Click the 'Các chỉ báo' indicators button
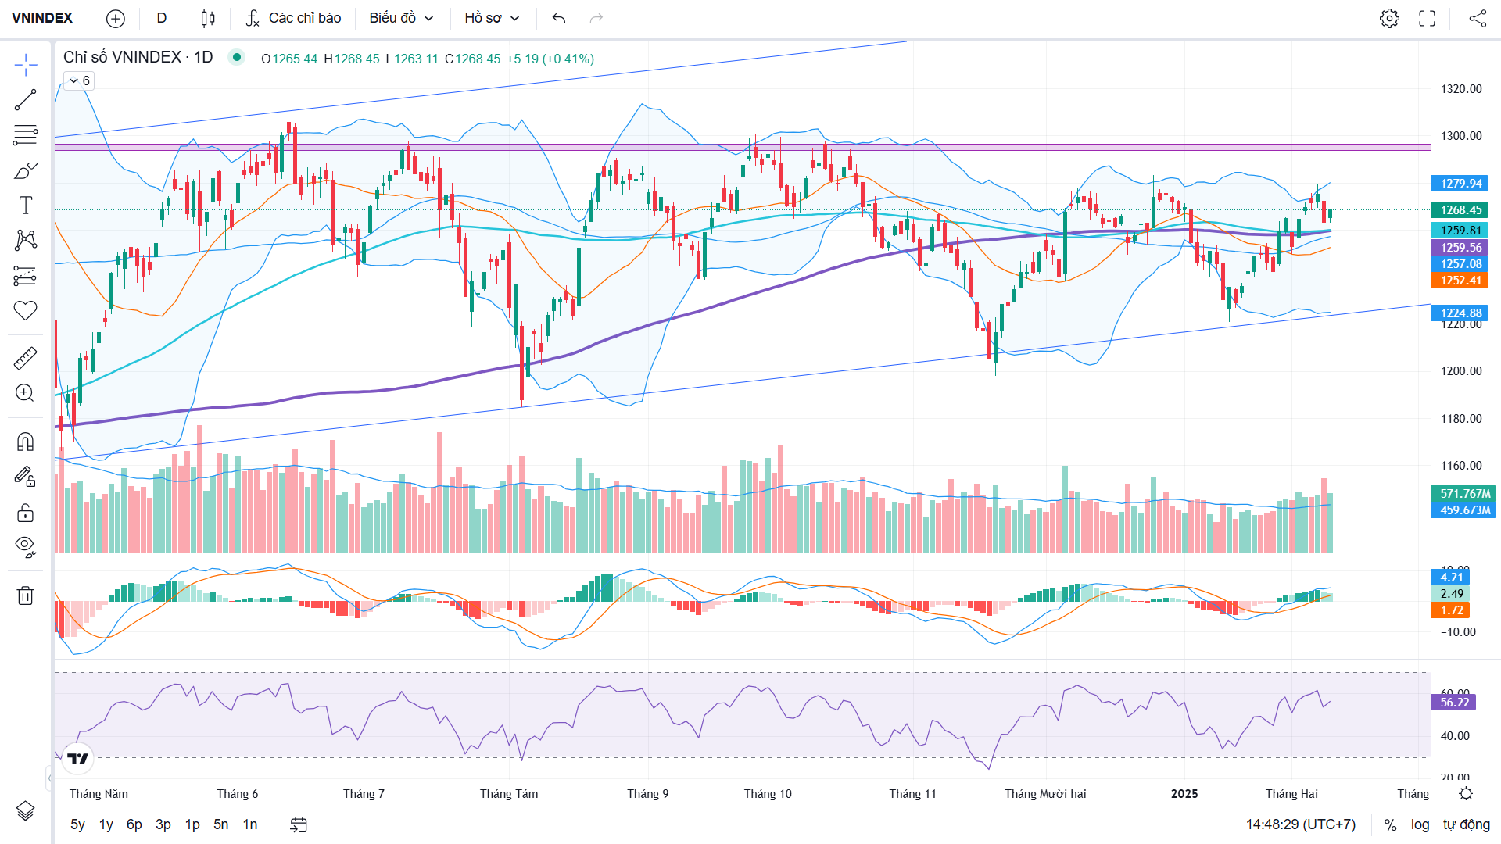point(293,18)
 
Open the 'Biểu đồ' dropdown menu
point(401,18)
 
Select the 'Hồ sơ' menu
point(492,18)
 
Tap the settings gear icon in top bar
point(1389,18)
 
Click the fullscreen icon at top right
point(1428,18)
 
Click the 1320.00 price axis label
point(1461,89)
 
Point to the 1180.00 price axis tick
point(1461,419)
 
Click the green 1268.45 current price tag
point(1460,210)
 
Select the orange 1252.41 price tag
point(1460,281)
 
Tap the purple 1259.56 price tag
point(1460,248)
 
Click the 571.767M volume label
point(1464,494)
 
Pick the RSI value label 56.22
point(1454,703)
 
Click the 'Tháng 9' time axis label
point(647,794)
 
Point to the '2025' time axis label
point(1184,794)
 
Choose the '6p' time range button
point(134,824)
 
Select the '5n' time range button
point(221,824)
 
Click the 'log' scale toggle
point(1420,824)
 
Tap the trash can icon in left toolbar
point(25,595)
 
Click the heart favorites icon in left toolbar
point(25,311)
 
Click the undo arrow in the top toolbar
point(558,18)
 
